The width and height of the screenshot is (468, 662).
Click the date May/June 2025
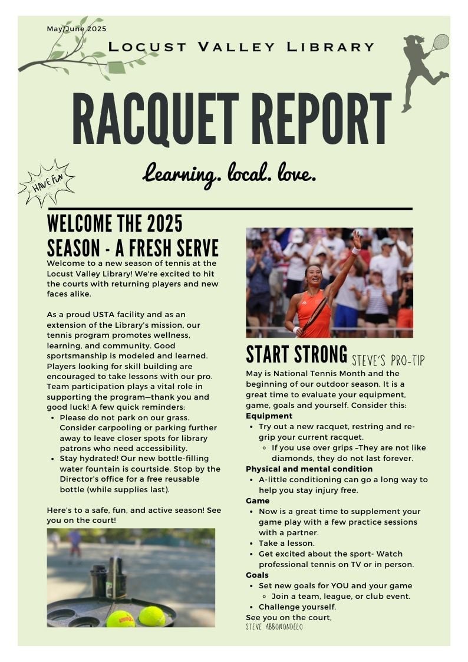pos(77,28)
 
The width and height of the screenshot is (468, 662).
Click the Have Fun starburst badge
pos(47,183)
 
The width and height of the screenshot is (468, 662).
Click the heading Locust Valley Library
pos(242,47)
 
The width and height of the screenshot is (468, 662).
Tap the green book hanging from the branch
pos(117,67)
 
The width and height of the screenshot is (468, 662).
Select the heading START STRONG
pos(296,354)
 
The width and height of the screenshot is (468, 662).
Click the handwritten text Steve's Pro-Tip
pos(388,360)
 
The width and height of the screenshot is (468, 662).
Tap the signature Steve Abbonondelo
pos(275,627)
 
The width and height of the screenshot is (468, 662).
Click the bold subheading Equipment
pos(269,416)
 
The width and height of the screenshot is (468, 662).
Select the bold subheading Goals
pos(257,575)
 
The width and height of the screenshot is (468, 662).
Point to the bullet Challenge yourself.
pos(297,607)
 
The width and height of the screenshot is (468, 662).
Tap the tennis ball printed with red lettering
pos(120,619)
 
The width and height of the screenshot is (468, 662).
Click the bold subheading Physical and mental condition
pos(309,469)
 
